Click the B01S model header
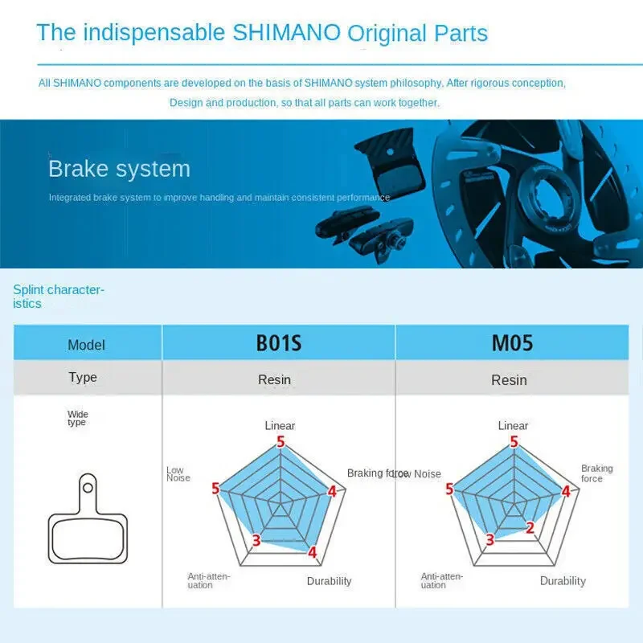(x=278, y=343)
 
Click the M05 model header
(x=512, y=343)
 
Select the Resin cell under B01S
(x=274, y=379)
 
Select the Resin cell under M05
(x=509, y=379)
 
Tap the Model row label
(x=86, y=345)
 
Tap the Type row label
(x=83, y=377)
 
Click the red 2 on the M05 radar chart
(x=530, y=527)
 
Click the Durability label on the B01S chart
(x=329, y=581)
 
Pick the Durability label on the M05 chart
(x=563, y=581)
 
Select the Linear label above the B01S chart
(x=280, y=426)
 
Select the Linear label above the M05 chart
(x=513, y=426)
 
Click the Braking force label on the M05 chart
(x=596, y=473)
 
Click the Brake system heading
(x=119, y=169)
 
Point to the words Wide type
(x=77, y=418)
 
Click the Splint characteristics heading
(x=59, y=297)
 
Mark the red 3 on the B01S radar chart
(x=256, y=540)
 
